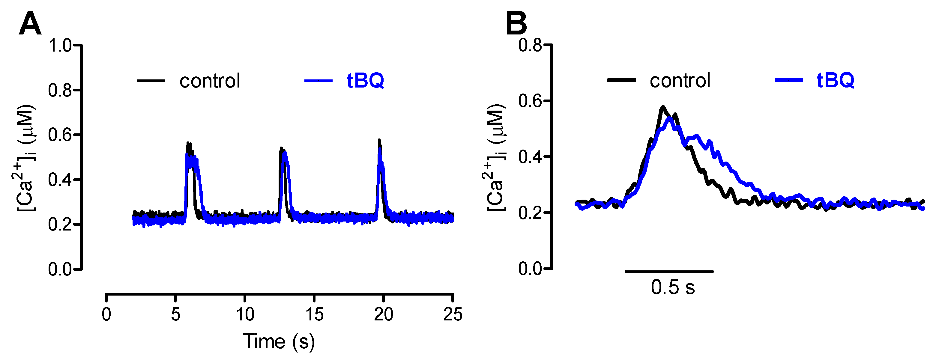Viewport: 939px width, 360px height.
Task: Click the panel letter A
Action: pos(30,23)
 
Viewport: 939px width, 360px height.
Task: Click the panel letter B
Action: pos(516,23)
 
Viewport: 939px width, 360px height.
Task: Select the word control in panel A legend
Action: pos(210,81)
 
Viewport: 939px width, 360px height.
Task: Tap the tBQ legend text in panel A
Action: pos(365,81)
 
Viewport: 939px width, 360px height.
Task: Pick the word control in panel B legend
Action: pos(680,81)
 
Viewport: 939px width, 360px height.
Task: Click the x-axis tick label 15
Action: pos(314,314)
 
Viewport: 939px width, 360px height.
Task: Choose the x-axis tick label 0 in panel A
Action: pos(106,314)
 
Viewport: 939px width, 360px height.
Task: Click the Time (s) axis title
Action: pos(279,341)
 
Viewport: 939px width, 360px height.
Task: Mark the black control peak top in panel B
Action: pos(663,107)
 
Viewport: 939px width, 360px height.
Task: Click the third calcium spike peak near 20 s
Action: pos(379,140)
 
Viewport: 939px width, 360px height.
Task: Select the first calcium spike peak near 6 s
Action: pos(188,143)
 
